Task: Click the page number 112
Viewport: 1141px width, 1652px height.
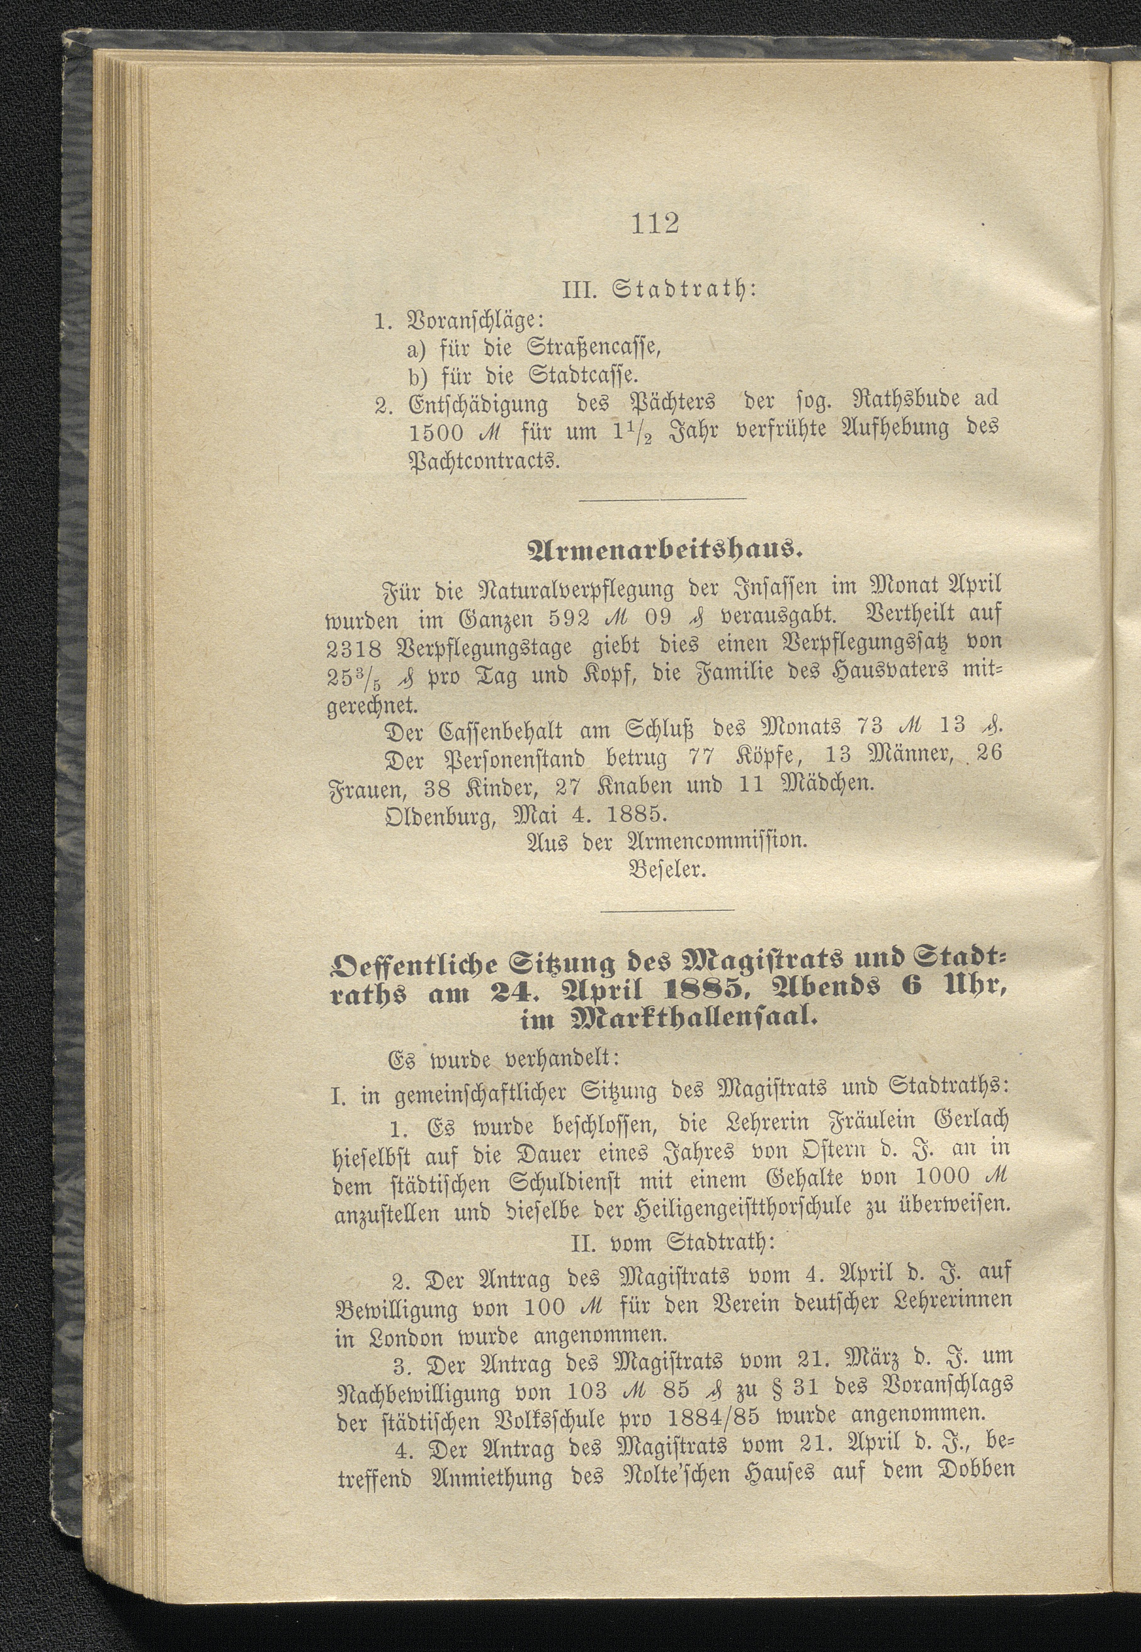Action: (655, 223)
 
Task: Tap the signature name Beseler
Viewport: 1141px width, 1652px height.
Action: (667, 871)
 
